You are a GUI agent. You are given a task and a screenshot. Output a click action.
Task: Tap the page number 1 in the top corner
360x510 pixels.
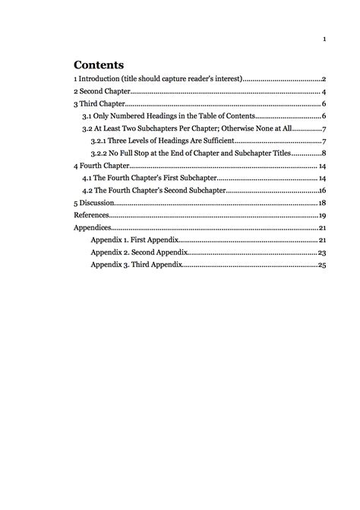tap(324, 40)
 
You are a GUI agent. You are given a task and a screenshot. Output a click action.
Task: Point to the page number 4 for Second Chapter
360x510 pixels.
tap(324, 91)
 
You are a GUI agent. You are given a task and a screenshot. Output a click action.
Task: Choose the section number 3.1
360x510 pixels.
tap(87, 116)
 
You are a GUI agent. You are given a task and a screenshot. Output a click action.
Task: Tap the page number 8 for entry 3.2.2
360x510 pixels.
tap(324, 153)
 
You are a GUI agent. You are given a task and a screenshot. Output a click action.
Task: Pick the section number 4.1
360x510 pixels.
tap(87, 178)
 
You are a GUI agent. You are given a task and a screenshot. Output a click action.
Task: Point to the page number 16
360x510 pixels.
tap(322, 190)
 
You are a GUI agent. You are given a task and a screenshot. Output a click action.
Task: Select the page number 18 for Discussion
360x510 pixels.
tap(322, 203)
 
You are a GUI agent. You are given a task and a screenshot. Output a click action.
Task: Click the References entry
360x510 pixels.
tap(92, 215)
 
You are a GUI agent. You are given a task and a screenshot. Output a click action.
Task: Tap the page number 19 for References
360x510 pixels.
tap(322, 215)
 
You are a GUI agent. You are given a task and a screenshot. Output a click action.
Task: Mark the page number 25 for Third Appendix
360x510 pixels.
tap(322, 265)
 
